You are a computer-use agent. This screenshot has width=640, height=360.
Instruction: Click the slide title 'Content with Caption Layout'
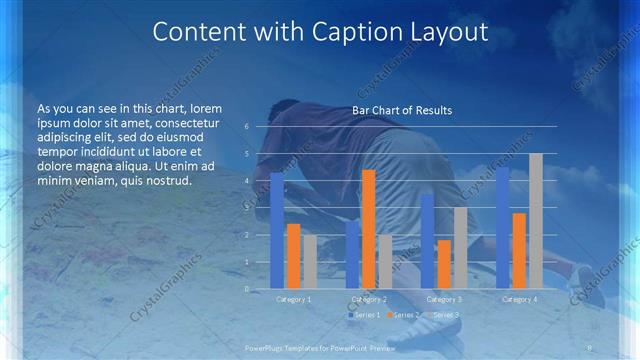click(320, 32)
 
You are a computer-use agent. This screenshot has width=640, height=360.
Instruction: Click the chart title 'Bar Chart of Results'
click(402, 110)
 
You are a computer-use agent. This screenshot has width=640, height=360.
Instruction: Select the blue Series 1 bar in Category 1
click(277, 230)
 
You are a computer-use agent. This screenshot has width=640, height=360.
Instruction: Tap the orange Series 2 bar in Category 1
click(293, 256)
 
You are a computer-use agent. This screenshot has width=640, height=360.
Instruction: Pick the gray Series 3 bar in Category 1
click(309, 261)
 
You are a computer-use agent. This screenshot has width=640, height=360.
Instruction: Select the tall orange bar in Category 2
click(369, 229)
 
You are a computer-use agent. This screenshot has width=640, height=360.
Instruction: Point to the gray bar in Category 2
click(385, 261)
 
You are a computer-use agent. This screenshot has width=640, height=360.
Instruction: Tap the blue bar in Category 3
click(428, 241)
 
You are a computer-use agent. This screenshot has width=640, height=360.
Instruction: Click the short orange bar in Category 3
click(444, 264)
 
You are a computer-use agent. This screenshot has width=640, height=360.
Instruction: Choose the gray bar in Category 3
click(460, 248)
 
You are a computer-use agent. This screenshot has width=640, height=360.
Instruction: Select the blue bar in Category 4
click(503, 228)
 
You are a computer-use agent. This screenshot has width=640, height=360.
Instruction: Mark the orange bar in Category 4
click(519, 250)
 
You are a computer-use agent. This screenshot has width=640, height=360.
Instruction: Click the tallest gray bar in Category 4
click(535, 221)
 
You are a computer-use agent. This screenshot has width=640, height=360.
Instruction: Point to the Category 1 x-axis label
click(294, 299)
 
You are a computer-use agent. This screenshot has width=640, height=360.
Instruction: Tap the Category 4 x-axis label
click(519, 299)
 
